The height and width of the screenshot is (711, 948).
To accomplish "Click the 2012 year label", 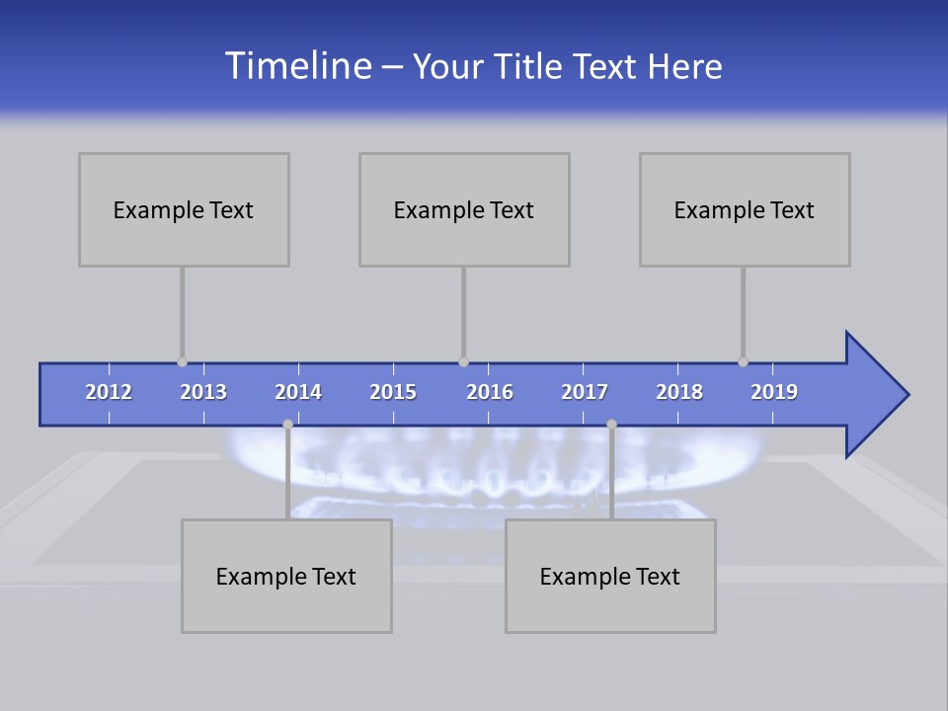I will point(109,392).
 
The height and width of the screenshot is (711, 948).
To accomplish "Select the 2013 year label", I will point(203,392).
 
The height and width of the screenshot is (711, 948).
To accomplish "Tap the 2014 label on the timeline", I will point(298,392).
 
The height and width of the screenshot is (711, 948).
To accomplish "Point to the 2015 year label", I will point(393,392).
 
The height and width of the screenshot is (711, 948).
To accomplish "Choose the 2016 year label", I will point(490,392).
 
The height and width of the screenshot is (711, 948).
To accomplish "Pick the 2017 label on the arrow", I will point(585,392).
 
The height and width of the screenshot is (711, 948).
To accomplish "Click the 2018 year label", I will point(679,392).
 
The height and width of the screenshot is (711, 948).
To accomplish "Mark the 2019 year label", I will point(774,392).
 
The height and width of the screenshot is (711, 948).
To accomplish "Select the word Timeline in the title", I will point(299,66).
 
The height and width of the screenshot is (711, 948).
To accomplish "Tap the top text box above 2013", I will point(184,209).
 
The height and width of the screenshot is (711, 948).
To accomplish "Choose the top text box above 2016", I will point(464,209).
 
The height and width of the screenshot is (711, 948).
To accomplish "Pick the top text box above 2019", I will point(745,209).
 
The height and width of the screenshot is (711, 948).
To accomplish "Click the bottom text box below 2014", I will point(286,576).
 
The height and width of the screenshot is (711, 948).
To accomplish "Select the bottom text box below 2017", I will point(610,576).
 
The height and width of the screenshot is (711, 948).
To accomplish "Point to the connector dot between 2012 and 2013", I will point(182,362).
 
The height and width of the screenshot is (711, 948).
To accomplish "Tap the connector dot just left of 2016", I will point(463,362).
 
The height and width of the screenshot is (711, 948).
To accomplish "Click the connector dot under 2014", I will point(287,425).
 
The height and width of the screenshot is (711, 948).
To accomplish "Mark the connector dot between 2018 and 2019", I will point(743,362).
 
